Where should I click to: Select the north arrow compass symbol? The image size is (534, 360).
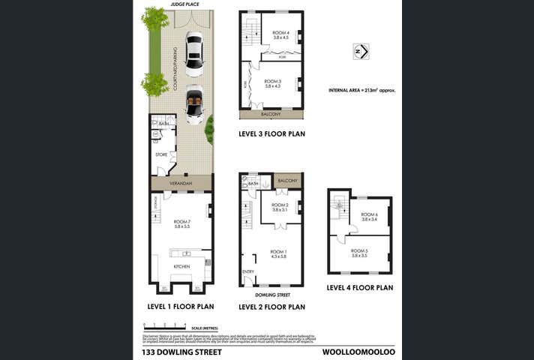[x=361, y=51]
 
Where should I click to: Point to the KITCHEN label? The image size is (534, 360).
[x=182, y=266]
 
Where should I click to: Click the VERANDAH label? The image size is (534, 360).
[x=181, y=184]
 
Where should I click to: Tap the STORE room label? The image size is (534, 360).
[x=161, y=154]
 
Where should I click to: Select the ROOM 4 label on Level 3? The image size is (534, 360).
[x=280, y=32]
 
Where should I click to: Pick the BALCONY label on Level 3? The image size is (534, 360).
[x=271, y=114]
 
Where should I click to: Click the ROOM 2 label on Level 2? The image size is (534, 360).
[x=280, y=205]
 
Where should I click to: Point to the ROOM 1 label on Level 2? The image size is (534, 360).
[x=278, y=252]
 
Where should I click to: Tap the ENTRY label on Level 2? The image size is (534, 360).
[x=248, y=271]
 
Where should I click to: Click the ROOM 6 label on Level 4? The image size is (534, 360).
[x=369, y=214]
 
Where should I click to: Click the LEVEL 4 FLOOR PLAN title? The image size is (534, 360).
[x=360, y=287]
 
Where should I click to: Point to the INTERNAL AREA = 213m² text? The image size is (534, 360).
[x=361, y=89]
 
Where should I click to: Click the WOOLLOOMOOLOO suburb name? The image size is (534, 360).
[x=358, y=351]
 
